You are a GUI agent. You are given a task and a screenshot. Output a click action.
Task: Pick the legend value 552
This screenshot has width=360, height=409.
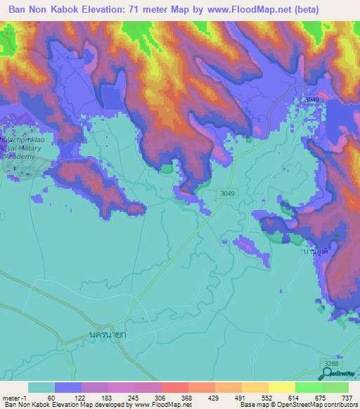point(266,397)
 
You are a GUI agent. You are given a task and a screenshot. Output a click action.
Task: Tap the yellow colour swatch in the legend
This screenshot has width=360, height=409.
point(281,387)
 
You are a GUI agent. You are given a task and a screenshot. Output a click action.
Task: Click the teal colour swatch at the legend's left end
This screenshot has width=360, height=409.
point(41,387)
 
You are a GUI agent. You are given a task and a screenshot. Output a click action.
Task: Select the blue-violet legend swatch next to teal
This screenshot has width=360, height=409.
point(68,387)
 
